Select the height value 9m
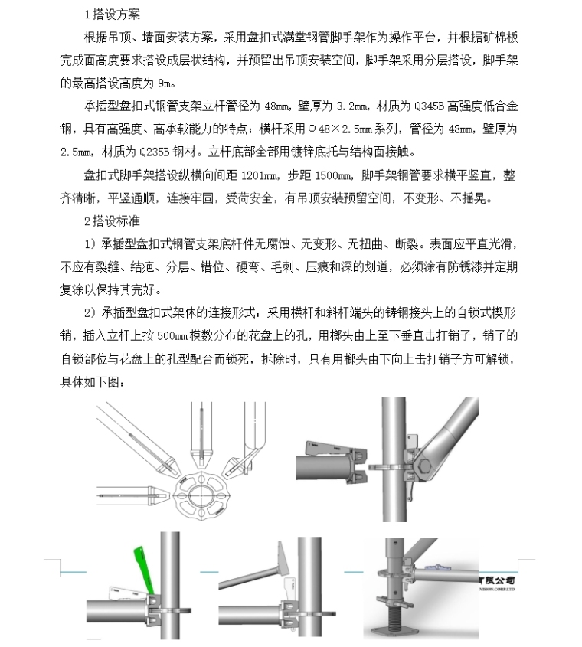(x=166, y=82)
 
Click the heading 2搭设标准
(x=112, y=221)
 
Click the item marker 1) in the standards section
(x=89, y=244)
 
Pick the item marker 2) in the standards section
(x=89, y=313)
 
